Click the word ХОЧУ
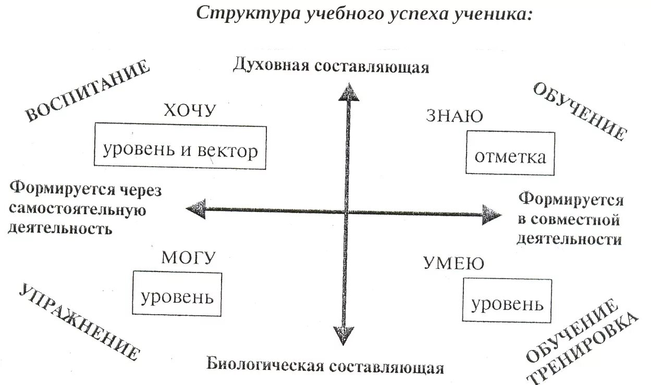(190, 111)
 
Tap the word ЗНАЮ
(455, 116)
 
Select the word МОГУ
(189, 257)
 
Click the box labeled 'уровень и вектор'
(180, 146)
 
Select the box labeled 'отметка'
(509, 154)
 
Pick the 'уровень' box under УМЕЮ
(507, 301)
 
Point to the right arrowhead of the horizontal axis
(491, 214)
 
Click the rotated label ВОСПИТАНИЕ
(87, 92)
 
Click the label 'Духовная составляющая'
(331, 66)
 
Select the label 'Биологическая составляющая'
(325, 365)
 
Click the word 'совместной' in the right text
(569, 219)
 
